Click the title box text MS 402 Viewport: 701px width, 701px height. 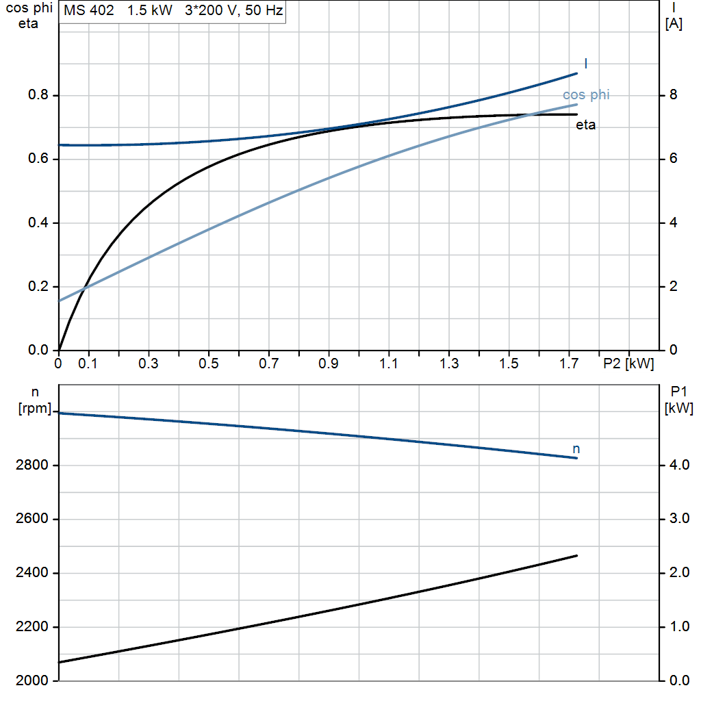pyautogui.click(x=88, y=10)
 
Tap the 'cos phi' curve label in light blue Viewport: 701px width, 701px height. pyautogui.click(x=586, y=94)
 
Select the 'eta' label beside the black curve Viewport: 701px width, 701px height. pyautogui.click(x=585, y=125)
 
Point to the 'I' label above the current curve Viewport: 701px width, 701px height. pyautogui.click(x=586, y=64)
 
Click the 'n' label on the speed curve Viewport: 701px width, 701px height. pyautogui.click(x=576, y=449)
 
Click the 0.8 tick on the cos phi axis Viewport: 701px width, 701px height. pyautogui.click(x=38, y=94)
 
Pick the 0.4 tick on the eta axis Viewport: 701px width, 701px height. pyautogui.click(x=38, y=222)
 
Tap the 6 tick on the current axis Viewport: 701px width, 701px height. pyautogui.click(x=673, y=158)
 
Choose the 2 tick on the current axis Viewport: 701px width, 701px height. pyautogui.click(x=673, y=286)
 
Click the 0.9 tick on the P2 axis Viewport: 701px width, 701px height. pyautogui.click(x=328, y=364)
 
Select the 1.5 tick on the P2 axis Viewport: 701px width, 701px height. pyautogui.click(x=509, y=364)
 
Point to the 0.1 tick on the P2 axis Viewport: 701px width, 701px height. pyautogui.click(x=88, y=364)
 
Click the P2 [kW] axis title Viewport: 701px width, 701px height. pyautogui.click(x=628, y=364)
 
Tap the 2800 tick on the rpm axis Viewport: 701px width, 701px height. pyautogui.click(x=31, y=465)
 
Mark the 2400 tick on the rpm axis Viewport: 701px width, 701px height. pyautogui.click(x=31, y=573)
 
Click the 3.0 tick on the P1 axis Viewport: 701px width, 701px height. pyautogui.click(x=679, y=519)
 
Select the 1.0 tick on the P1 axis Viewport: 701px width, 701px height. pyautogui.click(x=679, y=627)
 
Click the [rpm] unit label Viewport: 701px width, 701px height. pyautogui.click(x=35, y=408)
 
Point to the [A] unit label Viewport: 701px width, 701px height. pyautogui.click(x=674, y=23)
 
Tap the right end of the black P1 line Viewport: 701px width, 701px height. pyautogui.click(x=576, y=556)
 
